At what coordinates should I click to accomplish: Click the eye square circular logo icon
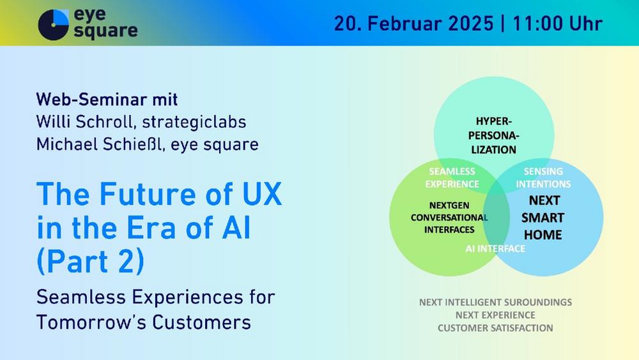(x=54, y=24)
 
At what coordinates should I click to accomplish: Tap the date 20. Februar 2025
(x=413, y=23)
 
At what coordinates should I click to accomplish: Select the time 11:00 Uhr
(x=557, y=23)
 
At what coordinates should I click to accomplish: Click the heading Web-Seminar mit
(x=107, y=100)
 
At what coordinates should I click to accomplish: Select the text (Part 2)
(x=91, y=262)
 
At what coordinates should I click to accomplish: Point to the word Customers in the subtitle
(x=202, y=322)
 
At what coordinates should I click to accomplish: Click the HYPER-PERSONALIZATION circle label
(x=493, y=136)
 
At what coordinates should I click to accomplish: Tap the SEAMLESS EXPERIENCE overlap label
(x=452, y=177)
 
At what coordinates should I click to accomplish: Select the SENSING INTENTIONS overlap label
(x=543, y=177)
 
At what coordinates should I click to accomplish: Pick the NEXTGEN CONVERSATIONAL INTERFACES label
(x=449, y=217)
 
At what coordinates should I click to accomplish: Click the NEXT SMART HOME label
(x=543, y=217)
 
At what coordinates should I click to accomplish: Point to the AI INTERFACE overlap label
(x=495, y=248)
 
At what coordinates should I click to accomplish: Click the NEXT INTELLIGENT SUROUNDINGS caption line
(x=496, y=302)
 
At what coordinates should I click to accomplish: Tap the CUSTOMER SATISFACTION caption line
(x=496, y=328)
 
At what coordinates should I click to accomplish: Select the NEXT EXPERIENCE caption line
(x=496, y=315)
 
